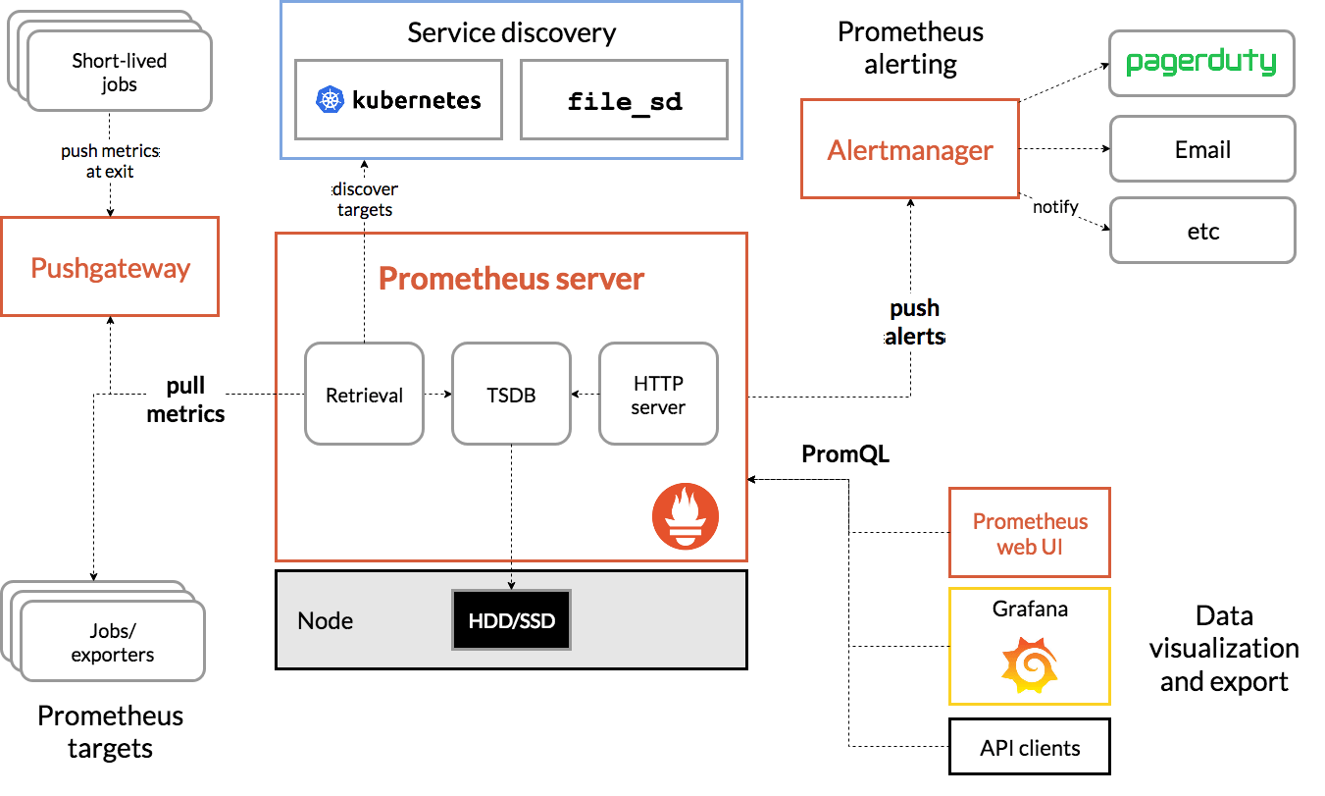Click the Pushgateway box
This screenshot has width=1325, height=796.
(x=110, y=267)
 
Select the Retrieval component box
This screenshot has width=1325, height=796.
(x=364, y=394)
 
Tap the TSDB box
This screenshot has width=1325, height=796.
(x=511, y=394)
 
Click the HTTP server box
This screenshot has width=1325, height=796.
(x=658, y=394)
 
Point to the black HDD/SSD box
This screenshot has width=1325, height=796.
(x=511, y=620)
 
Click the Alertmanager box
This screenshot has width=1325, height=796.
(x=909, y=150)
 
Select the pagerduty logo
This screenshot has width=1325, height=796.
(x=1201, y=64)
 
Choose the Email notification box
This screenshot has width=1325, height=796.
(x=1202, y=149)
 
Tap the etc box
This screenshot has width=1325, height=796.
(x=1202, y=232)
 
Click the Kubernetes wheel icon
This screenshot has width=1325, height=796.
(x=330, y=99)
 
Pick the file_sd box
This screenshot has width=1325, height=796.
(x=624, y=100)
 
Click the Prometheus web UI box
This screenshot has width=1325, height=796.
(x=1029, y=533)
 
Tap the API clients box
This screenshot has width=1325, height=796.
(x=1029, y=747)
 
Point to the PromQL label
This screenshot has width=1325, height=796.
(x=845, y=454)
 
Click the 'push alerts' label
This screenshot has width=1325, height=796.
(x=914, y=323)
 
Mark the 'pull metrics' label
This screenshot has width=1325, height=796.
(x=185, y=399)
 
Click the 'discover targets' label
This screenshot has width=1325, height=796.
(x=364, y=199)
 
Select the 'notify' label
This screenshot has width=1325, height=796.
(x=1055, y=207)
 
